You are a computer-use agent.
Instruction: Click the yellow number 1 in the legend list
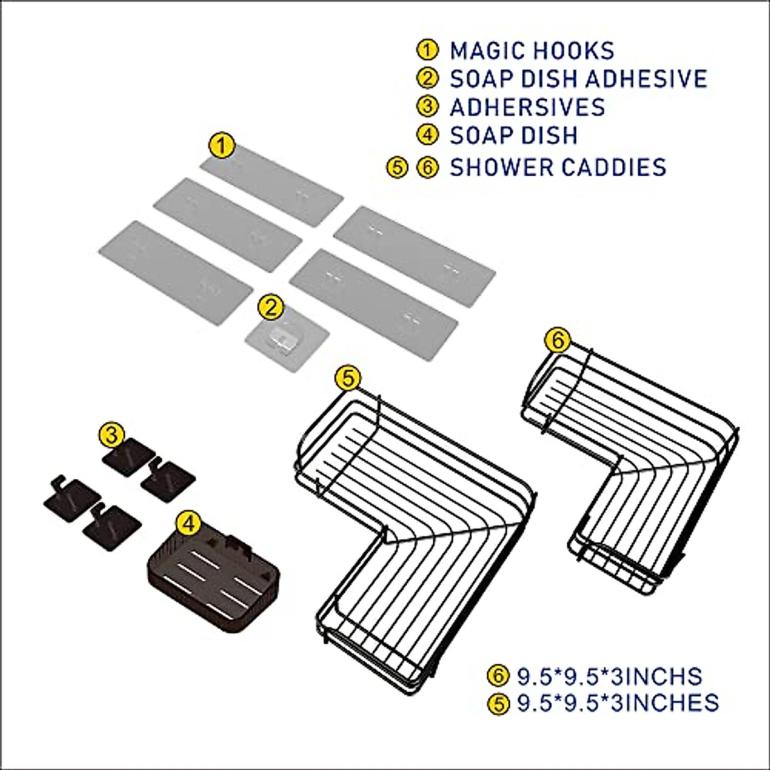point(427,50)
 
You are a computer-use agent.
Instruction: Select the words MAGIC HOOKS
point(532,51)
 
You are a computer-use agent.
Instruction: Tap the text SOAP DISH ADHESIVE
point(578,78)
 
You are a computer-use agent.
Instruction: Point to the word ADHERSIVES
point(527,107)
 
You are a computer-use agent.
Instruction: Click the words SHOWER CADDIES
point(558,167)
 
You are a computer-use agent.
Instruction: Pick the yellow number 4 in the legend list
point(427,135)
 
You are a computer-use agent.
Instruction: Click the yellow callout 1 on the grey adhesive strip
point(222,146)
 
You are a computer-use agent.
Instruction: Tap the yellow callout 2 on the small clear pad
point(270,307)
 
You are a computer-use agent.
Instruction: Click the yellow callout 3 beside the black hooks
point(112,436)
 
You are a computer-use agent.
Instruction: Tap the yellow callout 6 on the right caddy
point(558,340)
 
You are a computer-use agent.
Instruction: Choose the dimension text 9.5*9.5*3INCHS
point(609,676)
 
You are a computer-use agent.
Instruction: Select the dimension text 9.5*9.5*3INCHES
point(617,702)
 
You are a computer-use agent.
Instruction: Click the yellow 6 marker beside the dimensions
point(497,676)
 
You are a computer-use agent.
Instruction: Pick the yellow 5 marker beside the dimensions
point(497,703)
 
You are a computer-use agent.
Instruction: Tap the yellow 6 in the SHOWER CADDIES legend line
point(427,167)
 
